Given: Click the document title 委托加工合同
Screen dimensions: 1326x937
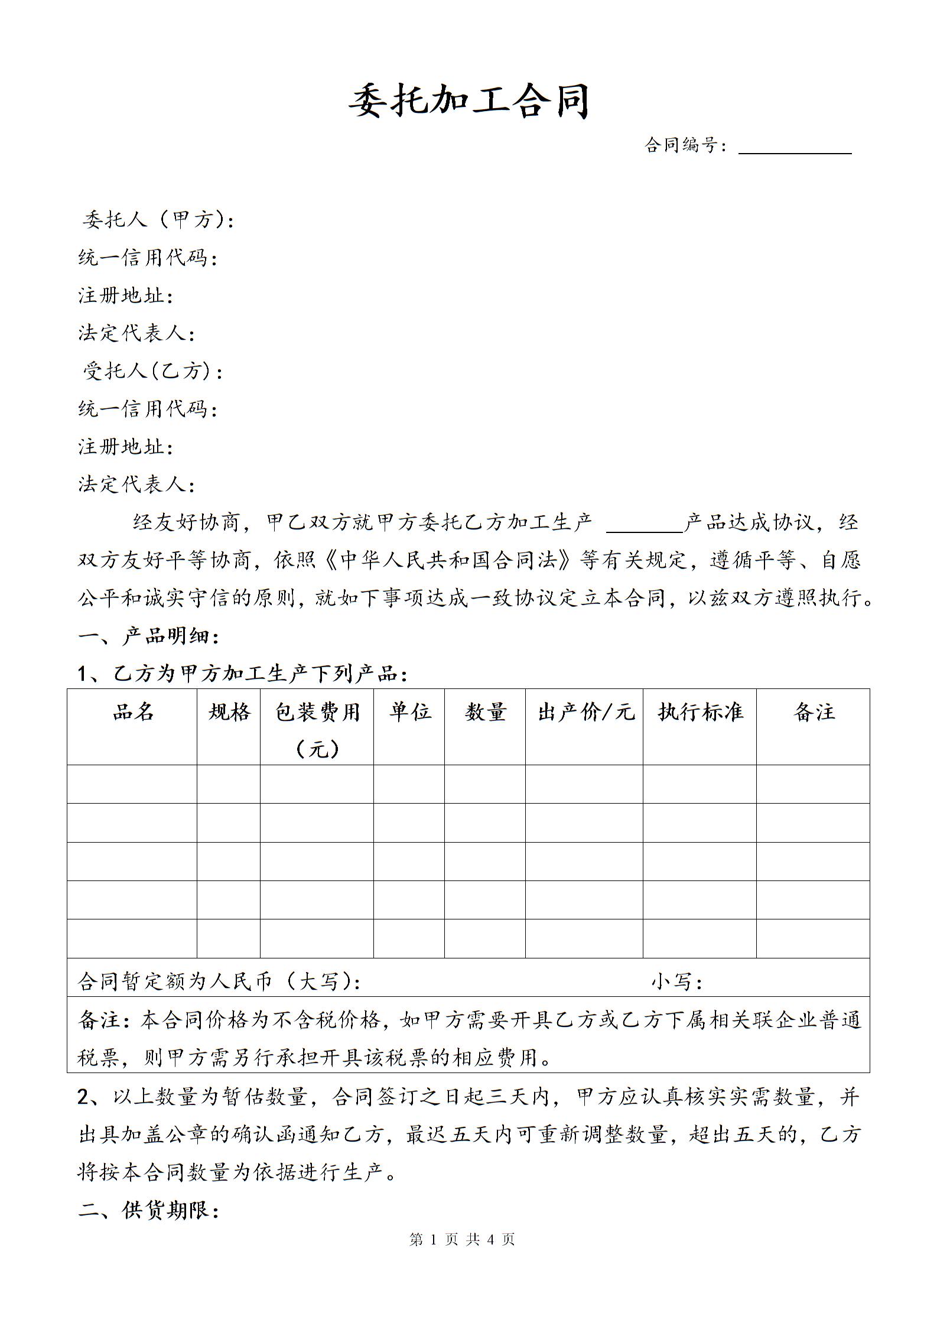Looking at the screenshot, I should pyautogui.click(x=468, y=102).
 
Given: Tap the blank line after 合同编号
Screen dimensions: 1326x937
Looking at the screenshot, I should pyautogui.click(x=795, y=148).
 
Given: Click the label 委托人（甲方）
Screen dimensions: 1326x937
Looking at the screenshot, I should pyautogui.click(x=158, y=220).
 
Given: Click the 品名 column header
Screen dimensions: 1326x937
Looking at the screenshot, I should pyautogui.click(x=133, y=712).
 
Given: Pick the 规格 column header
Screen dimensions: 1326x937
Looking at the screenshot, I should pyautogui.click(x=229, y=712).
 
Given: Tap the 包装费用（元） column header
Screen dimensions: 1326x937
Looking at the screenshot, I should pyautogui.click(x=317, y=729).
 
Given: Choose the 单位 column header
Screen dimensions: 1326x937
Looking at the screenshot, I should pyautogui.click(x=409, y=712).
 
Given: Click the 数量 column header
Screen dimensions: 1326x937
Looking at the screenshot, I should pyautogui.click(x=485, y=712).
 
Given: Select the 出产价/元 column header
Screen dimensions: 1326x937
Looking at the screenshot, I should pyautogui.click(x=585, y=712).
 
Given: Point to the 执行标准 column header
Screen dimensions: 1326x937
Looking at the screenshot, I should pyautogui.click(x=700, y=712).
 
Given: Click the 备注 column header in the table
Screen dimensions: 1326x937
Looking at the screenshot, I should pyautogui.click(x=814, y=712).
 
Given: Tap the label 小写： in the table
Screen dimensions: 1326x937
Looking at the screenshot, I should pyautogui.click(x=676, y=981).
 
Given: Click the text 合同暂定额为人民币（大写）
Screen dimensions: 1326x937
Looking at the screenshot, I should pyautogui.click(x=219, y=981).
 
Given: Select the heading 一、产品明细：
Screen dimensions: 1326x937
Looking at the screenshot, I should pyautogui.click(x=149, y=636).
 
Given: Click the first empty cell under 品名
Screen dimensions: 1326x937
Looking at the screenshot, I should pyautogui.click(x=132, y=784).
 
